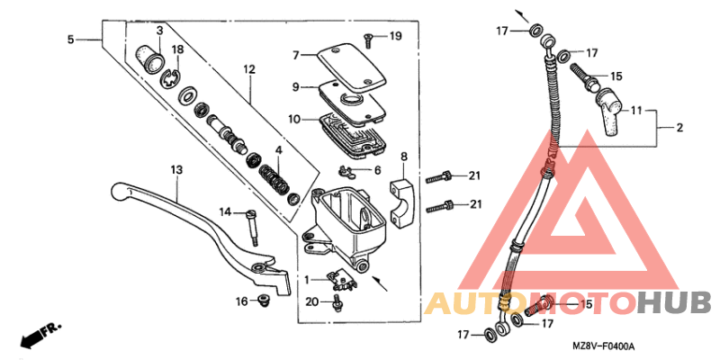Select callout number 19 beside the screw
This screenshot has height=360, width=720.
(396, 36)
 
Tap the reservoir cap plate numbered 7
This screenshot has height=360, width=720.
(347, 56)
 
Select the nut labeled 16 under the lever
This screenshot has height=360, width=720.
(264, 299)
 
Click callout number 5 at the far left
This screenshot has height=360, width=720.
(71, 40)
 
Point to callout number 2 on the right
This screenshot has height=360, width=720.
(679, 128)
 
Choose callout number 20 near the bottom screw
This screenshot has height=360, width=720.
(310, 301)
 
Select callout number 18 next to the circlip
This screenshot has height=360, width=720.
(177, 49)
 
